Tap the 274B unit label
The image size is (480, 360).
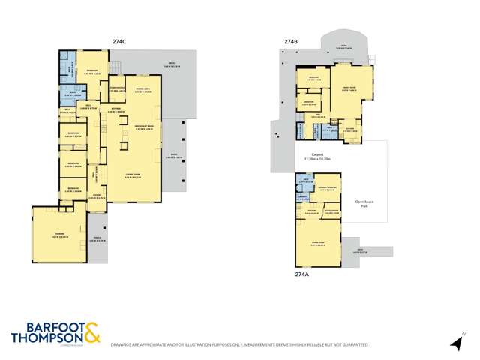(x=291, y=43)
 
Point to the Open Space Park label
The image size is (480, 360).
(x=364, y=203)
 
